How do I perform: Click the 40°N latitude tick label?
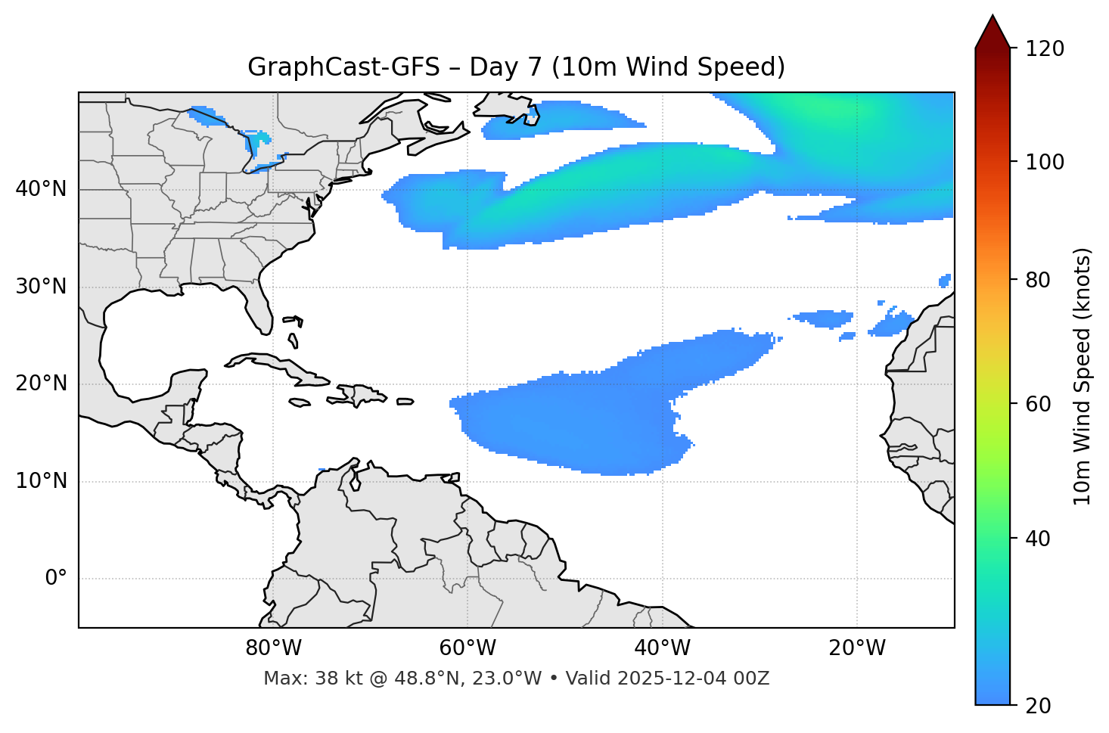41,189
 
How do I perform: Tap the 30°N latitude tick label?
41,287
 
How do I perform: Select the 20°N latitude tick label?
41,384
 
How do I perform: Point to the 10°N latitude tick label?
41,481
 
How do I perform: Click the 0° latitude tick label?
56,579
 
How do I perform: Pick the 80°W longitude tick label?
273,648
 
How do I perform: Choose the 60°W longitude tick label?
468,648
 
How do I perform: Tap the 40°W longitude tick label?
662,648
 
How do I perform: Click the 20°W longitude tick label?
857,648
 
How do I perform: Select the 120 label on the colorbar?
1045,49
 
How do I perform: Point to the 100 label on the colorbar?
1045,162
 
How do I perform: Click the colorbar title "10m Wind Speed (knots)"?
1083,376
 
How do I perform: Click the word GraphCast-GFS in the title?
343,67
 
